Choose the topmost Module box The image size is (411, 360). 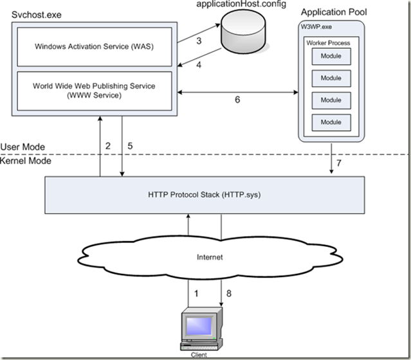click(331, 57)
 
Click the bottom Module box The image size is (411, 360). click(331, 122)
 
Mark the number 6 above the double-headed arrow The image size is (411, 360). click(237, 100)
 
